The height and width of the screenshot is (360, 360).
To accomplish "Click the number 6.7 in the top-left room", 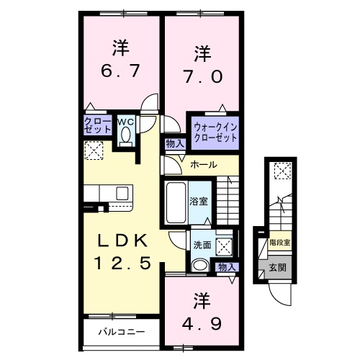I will tap(120, 71).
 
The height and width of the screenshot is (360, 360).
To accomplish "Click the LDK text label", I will tap(123, 240).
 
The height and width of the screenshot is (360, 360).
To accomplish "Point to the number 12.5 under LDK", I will tap(123, 264).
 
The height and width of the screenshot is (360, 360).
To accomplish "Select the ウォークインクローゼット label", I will tap(215, 132).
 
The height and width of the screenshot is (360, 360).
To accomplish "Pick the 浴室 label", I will tap(199, 201).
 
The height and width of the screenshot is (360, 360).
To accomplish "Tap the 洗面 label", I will tap(202, 245).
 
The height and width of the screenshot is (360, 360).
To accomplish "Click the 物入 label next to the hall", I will tap(174, 143).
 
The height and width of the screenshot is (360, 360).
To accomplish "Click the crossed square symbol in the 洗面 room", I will tap(225, 246).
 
